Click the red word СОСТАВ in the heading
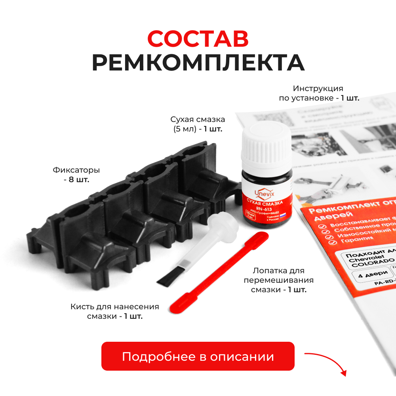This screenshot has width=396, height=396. click(x=198, y=38)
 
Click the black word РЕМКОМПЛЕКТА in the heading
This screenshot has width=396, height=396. click(x=198, y=63)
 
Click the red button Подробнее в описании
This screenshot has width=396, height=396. click(x=198, y=356)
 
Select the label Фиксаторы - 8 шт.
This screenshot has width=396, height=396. click(x=76, y=175)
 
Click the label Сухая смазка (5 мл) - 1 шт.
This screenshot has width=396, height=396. click(x=198, y=124)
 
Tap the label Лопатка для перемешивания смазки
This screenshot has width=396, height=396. click(x=279, y=280)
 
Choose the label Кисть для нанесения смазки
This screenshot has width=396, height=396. click(x=115, y=312)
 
